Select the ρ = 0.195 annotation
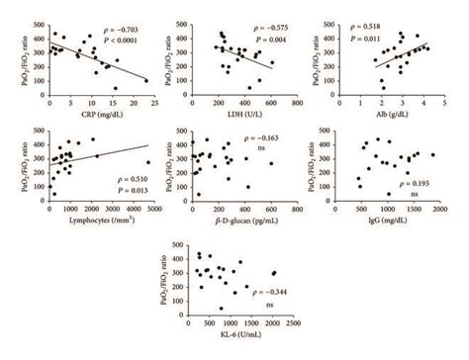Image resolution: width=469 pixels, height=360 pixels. point(412,184)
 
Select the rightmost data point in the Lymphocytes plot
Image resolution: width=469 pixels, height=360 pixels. point(147,163)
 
